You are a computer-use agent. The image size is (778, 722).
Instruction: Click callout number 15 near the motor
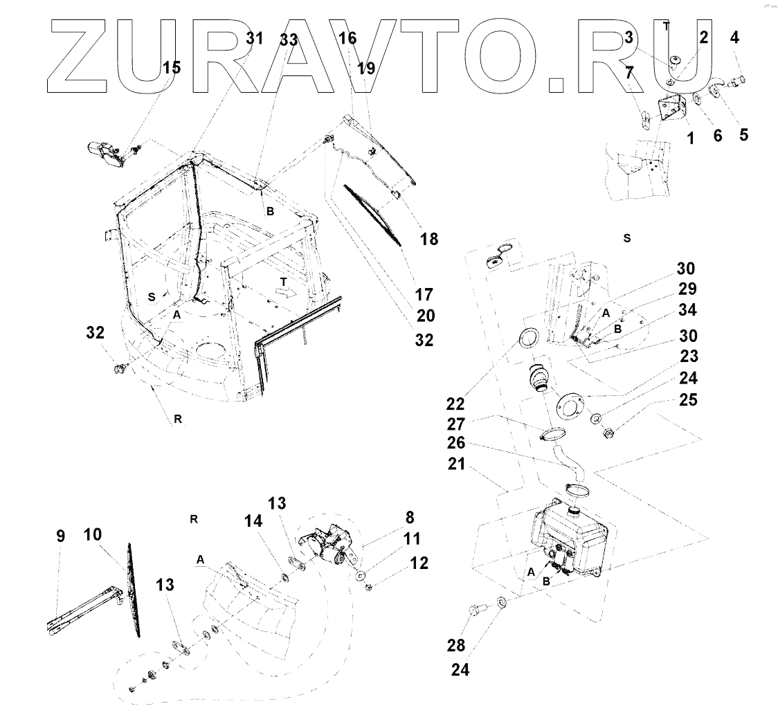171,67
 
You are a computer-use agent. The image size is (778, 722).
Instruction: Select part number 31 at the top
254,38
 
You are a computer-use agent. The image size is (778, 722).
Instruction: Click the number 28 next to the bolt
455,646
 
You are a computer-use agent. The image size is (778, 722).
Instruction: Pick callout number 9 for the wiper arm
60,535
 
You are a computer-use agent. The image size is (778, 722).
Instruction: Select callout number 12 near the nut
419,563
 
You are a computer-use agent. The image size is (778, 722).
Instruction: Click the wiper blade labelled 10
133,588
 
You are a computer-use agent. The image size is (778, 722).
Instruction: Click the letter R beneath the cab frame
178,419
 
